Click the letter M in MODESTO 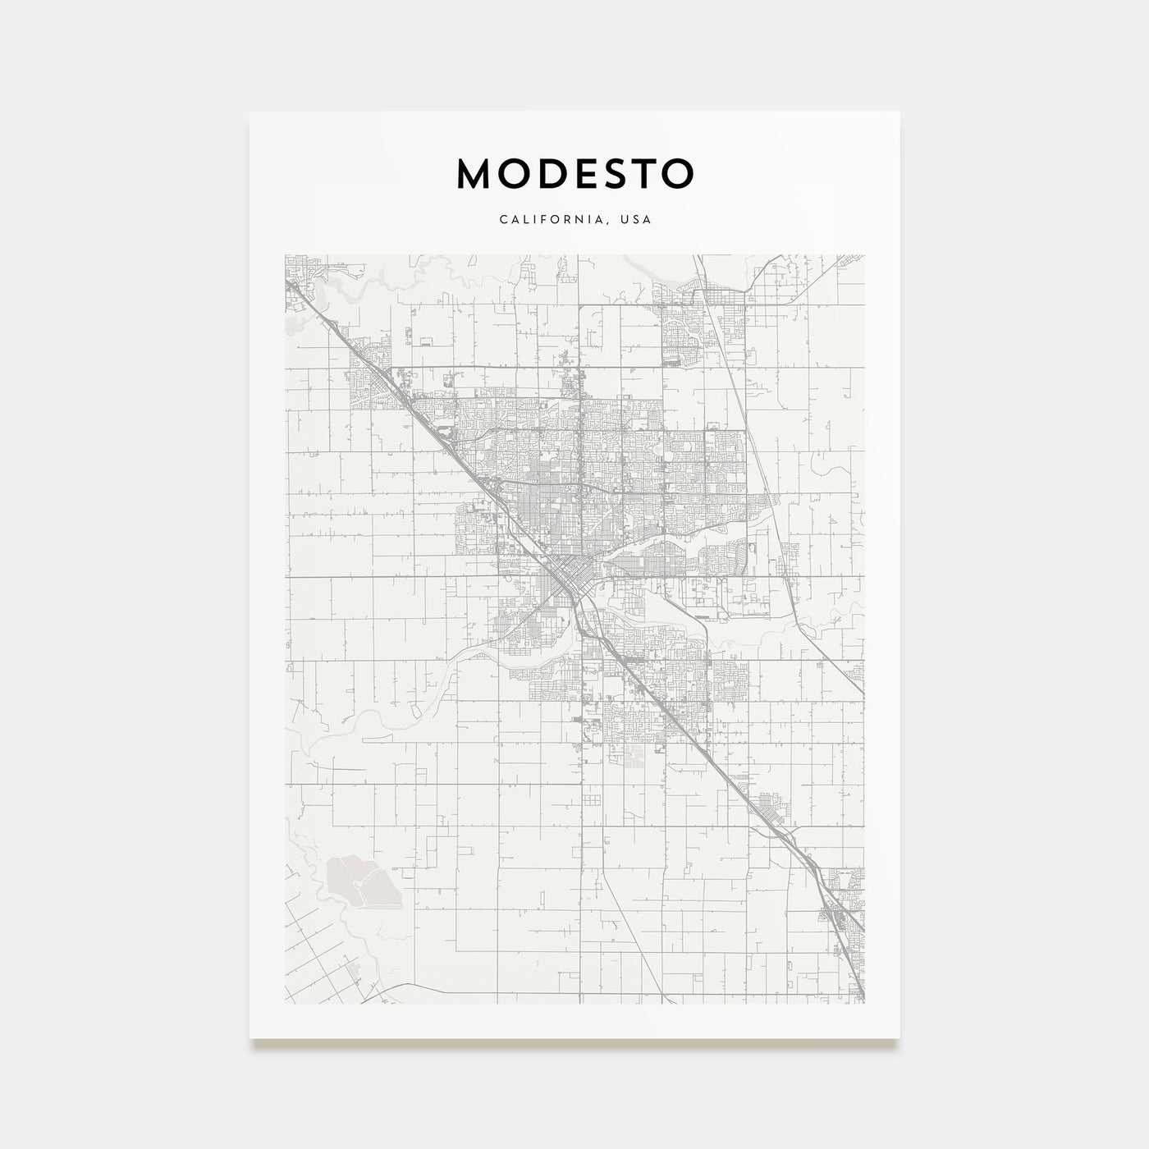pos(475,173)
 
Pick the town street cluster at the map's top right pos(698,328)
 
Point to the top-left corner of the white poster pos(250,112)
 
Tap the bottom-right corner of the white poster pos(900,1038)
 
